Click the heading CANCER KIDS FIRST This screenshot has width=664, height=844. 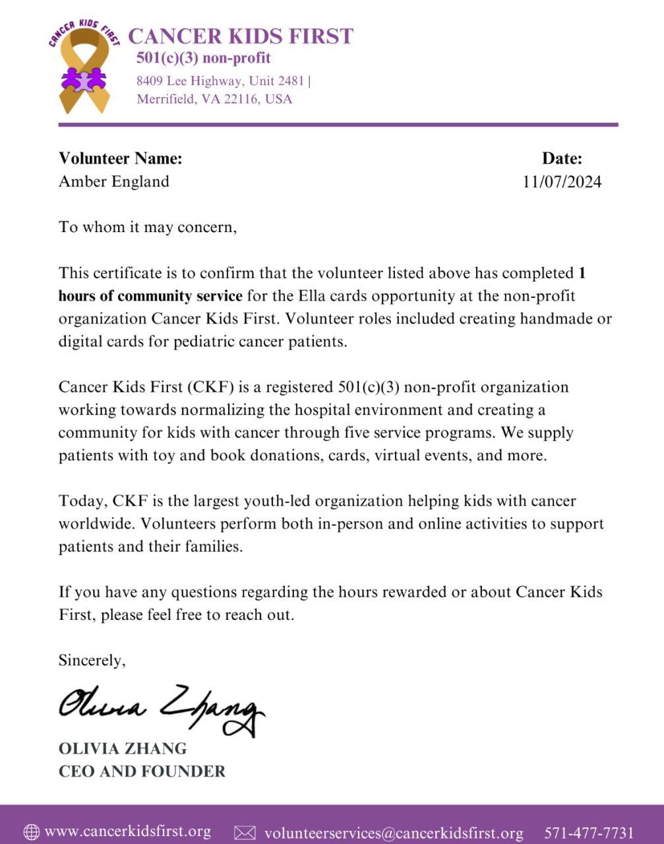pyautogui.click(x=240, y=36)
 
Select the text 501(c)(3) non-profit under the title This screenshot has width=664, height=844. pyautogui.click(x=203, y=58)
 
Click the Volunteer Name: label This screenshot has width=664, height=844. pyautogui.click(x=120, y=158)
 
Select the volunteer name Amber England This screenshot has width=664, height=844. pyautogui.click(x=113, y=181)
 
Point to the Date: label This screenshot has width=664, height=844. pyautogui.click(x=562, y=158)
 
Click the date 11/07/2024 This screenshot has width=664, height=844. pyautogui.click(x=562, y=182)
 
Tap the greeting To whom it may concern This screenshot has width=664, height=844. pyautogui.click(x=147, y=227)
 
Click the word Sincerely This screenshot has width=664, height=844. pyautogui.click(x=92, y=660)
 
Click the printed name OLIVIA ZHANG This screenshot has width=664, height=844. pyautogui.click(x=123, y=749)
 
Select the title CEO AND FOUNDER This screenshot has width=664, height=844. pyautogui.click(x=142, y=771)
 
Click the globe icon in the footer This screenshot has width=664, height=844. pyautogui.click(x=31, y=832)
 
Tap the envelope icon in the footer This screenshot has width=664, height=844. pyautogui.click(x=245, y=833)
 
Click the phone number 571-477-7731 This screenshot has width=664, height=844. pyautogui.click(x=589, y=833)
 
